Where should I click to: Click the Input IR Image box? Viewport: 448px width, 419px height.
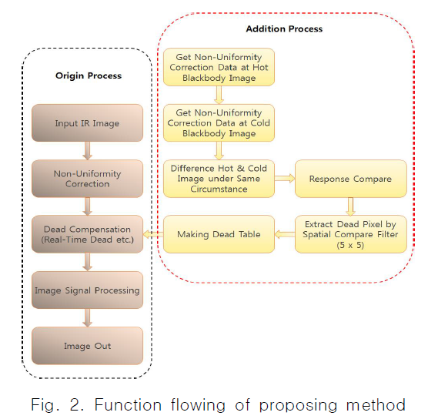click(x=87, y=123)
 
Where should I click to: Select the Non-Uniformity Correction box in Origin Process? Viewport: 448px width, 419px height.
click(x=87, y=179)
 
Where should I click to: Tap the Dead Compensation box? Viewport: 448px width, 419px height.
click(x=87, y=234)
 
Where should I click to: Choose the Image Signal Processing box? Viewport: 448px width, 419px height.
click(x=87, y=290)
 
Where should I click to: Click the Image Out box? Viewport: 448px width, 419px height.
click(x=87, y=346)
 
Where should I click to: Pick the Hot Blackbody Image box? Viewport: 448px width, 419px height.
click(x=219, y=67)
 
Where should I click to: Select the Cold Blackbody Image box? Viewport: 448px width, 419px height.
click(x=219, y=122)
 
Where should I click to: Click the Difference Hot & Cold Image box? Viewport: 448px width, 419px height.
click(x=219, y=179)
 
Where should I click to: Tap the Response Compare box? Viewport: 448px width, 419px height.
click(x=350, y=179)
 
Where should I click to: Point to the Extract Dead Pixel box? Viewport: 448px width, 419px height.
click(x=350, y=234)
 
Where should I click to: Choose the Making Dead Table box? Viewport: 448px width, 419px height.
click(x=219, y=234)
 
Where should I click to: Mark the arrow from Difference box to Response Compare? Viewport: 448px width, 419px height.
click(x=284, y=178)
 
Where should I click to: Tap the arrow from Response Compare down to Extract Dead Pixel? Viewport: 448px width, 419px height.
click(x=351, y=206)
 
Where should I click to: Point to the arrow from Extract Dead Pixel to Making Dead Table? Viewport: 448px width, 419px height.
click(x=284, y=234)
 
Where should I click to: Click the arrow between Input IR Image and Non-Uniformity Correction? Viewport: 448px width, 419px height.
click(x=87, y=151)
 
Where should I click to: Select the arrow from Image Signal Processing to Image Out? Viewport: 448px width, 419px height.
click(x=87, y=318)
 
